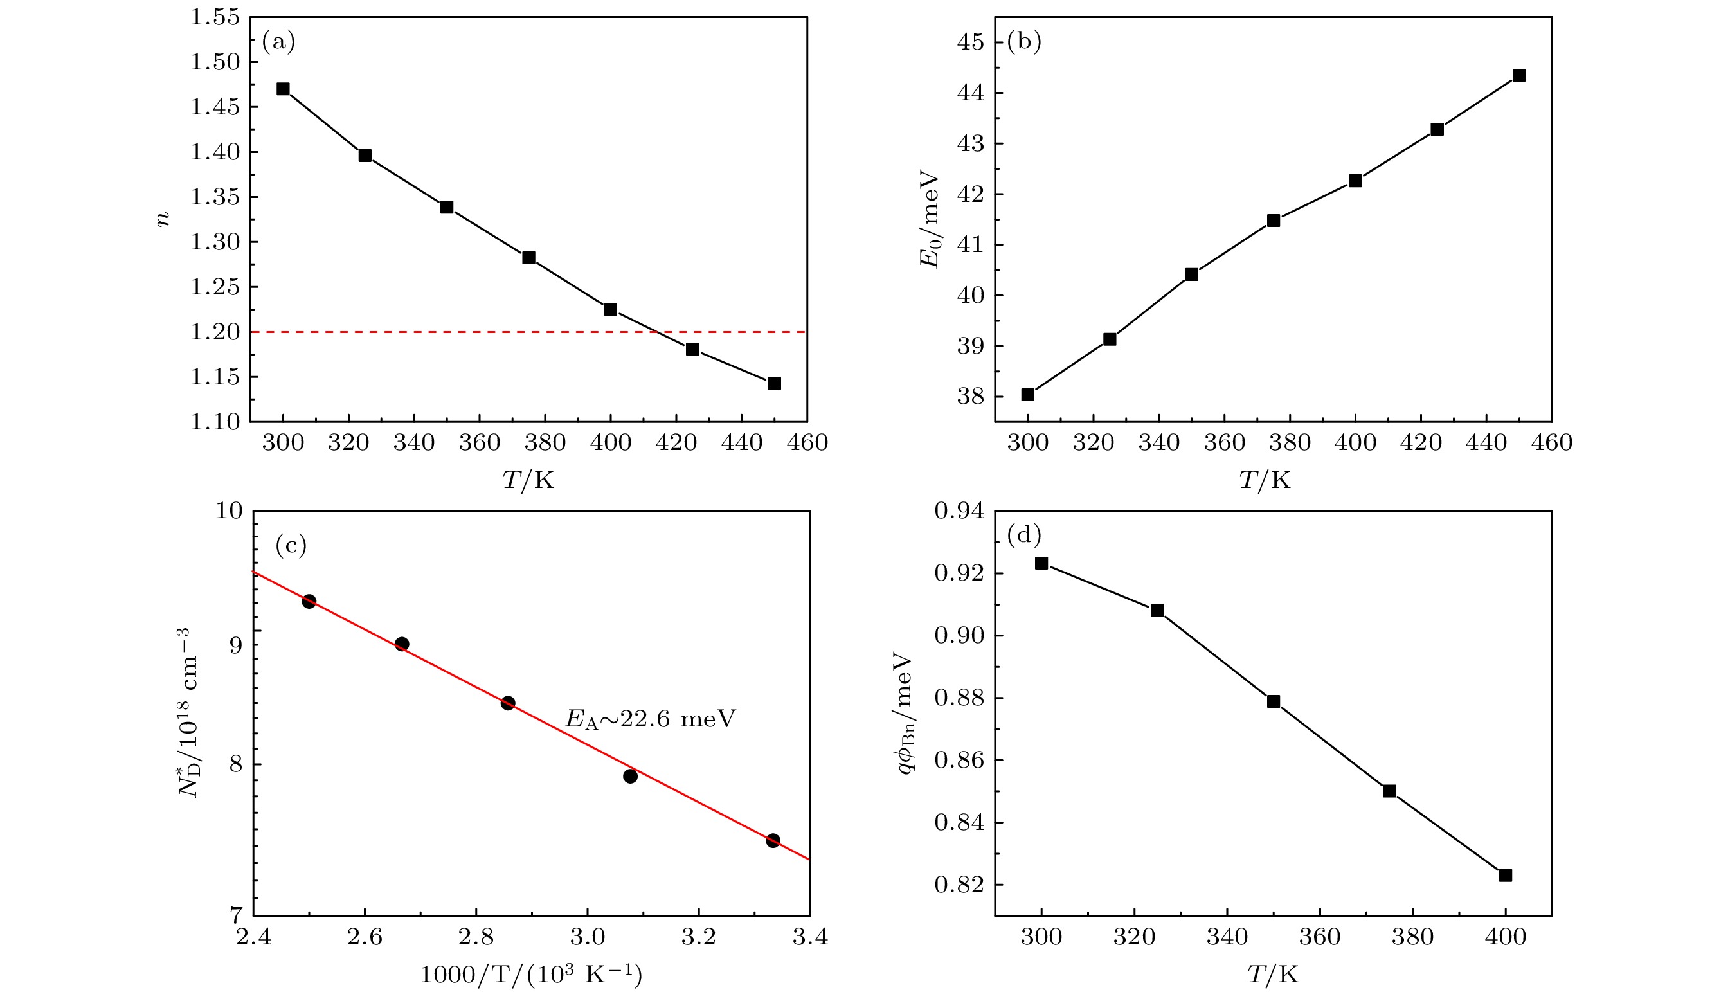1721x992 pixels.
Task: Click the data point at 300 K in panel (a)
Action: pos(284,89)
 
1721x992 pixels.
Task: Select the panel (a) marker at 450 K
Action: pos(774,384)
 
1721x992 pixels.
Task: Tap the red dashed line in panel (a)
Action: pos(477,332)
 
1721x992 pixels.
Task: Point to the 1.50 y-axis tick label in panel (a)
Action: pos(215,62)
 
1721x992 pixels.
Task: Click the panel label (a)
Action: pos(278,42)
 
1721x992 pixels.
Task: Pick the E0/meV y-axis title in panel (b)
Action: pos(930,219)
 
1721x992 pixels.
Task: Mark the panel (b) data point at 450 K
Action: pos(1518,75)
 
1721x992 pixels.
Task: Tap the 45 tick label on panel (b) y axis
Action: pos(971,42)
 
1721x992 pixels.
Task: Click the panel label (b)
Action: pos(1023,42)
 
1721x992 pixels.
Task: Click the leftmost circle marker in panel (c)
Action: pos(309,601)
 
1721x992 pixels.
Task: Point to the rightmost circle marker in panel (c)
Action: pos(773,840)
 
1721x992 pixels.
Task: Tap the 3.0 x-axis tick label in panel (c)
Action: pos(588,937)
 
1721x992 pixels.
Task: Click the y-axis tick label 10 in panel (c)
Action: pos(229,510)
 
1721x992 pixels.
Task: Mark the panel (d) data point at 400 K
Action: pos(1505,876)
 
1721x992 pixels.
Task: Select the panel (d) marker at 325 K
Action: pos(1158,611)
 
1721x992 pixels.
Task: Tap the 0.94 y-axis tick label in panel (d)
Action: pos(959,510)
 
